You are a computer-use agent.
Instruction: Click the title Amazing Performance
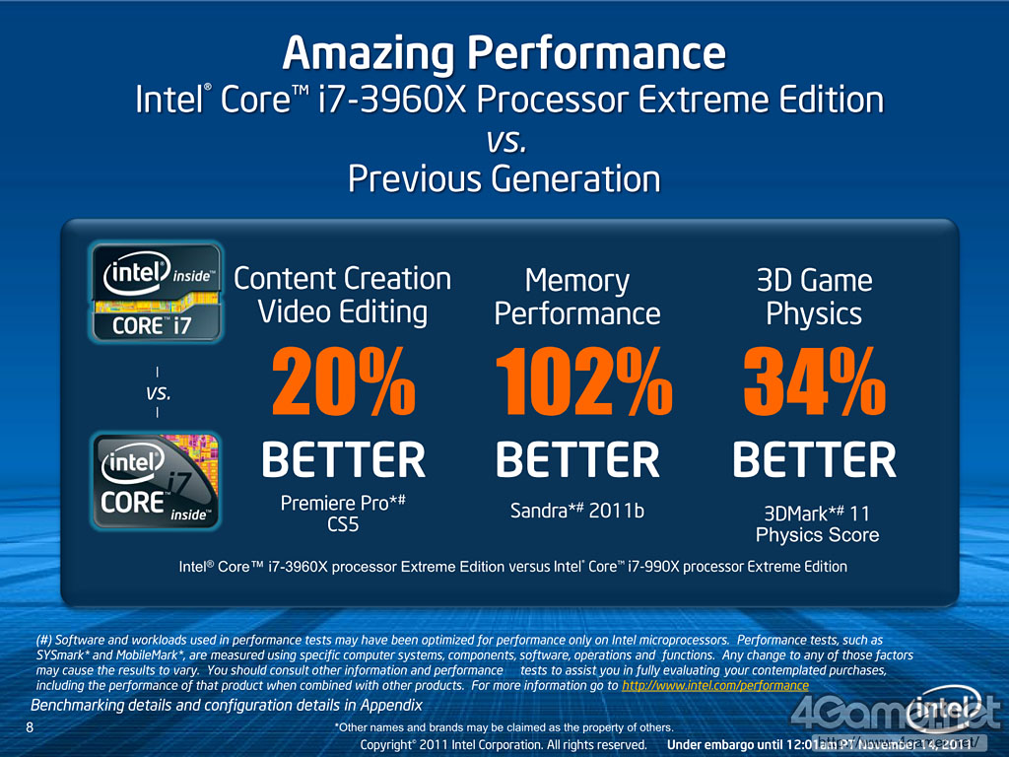(x=504, y=52)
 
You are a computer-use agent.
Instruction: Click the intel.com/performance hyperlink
(x=715, y=685)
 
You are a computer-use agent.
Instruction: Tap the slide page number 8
(x=30, y=727)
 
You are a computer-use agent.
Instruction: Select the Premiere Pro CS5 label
(x=343, y=514)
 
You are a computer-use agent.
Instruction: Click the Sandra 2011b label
(x=576, y=511)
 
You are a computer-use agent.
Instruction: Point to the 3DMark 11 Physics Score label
(x=817, y=524)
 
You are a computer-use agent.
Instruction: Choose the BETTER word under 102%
(x=577, y=460)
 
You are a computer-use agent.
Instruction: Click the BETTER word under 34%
(x=814, y=460)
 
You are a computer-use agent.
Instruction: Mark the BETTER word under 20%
(x=343, y=460)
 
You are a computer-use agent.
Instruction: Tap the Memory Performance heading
(x=577, y=297)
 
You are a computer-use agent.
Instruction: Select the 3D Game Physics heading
(x=814, y=297)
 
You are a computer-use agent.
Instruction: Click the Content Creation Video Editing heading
(x=343, y=295)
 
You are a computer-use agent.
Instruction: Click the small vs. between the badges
(x=158, y=393)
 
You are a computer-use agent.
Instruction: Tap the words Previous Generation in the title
(x=504, y=179)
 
